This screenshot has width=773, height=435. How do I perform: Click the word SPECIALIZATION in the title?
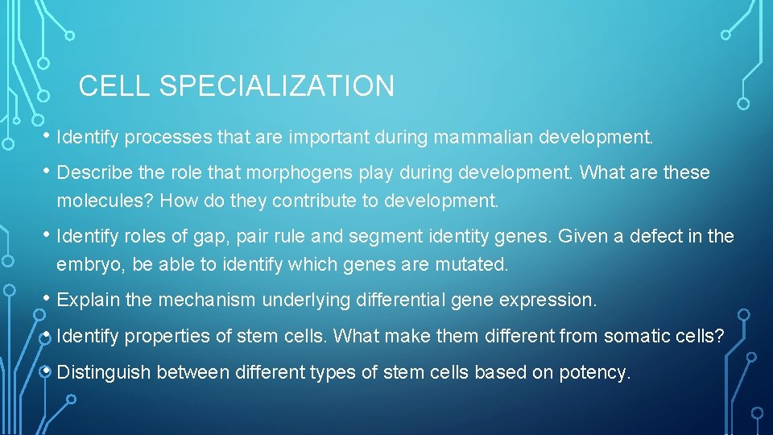tap(277, 86)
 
